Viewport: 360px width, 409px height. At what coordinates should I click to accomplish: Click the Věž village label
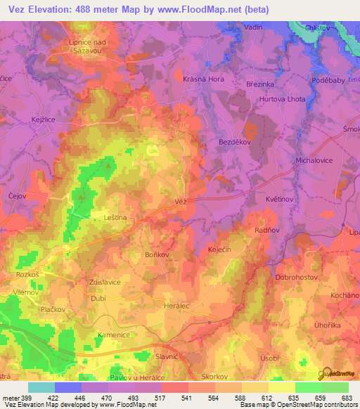tap(179, 201)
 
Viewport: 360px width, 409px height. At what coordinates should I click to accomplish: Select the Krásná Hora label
tap(203, 79)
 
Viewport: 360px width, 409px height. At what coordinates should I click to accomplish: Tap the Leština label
tap(115, 219)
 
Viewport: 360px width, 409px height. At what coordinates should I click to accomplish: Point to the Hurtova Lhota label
tap(282, 99)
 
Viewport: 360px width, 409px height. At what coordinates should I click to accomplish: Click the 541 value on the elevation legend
tap(187, 397)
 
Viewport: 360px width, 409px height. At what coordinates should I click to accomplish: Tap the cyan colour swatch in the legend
tap(41, 387)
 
